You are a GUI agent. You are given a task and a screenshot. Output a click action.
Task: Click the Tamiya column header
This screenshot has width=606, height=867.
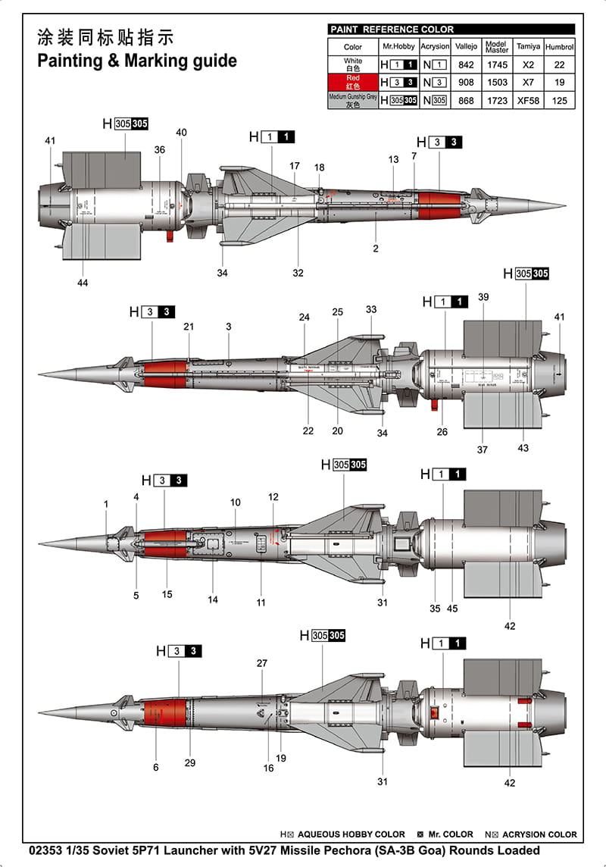(528, 46)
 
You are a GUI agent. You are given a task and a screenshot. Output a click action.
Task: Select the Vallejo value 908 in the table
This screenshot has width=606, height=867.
(466, 82)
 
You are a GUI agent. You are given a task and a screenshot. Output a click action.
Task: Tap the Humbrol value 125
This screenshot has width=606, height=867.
(560, 100)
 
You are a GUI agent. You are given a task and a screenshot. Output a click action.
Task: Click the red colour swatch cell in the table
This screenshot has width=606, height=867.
(353, 82)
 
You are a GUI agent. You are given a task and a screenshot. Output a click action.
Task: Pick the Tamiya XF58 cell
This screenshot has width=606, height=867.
(528, 100)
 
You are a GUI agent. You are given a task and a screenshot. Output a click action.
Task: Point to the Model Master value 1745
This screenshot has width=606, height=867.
(497, 65)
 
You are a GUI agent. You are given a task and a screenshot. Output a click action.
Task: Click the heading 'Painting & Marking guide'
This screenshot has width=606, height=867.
(137, 61)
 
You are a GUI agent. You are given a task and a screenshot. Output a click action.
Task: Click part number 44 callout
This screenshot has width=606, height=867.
(83, 283)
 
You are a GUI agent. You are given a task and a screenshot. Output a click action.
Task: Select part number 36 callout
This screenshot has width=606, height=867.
(159, 150)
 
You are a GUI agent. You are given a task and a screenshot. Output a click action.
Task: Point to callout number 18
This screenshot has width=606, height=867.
(319, 167)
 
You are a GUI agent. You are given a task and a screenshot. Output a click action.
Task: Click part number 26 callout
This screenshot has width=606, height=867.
(442, 432)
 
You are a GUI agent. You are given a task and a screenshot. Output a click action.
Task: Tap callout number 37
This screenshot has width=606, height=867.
(483, 449)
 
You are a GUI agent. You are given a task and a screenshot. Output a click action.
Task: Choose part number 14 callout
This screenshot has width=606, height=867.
(213, 599)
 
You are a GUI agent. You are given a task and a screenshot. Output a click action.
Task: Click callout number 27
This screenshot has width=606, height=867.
(262, 663)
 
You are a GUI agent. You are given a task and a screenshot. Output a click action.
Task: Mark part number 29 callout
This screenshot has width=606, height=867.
(189, 762)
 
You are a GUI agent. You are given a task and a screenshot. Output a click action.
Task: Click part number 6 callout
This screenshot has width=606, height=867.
(156, 767)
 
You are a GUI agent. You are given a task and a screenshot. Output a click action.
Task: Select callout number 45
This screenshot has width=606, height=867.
(453, 608)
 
